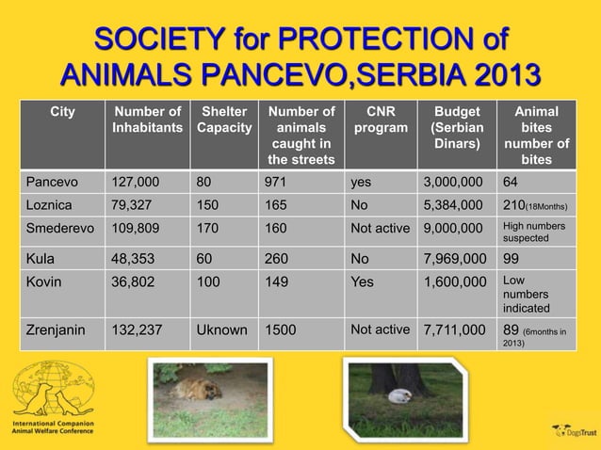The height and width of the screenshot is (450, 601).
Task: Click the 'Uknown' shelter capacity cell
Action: pyautogui.click(x=222, y=329)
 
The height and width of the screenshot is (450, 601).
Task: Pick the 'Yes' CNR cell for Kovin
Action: pyautogui.click(x=363, y=281)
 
